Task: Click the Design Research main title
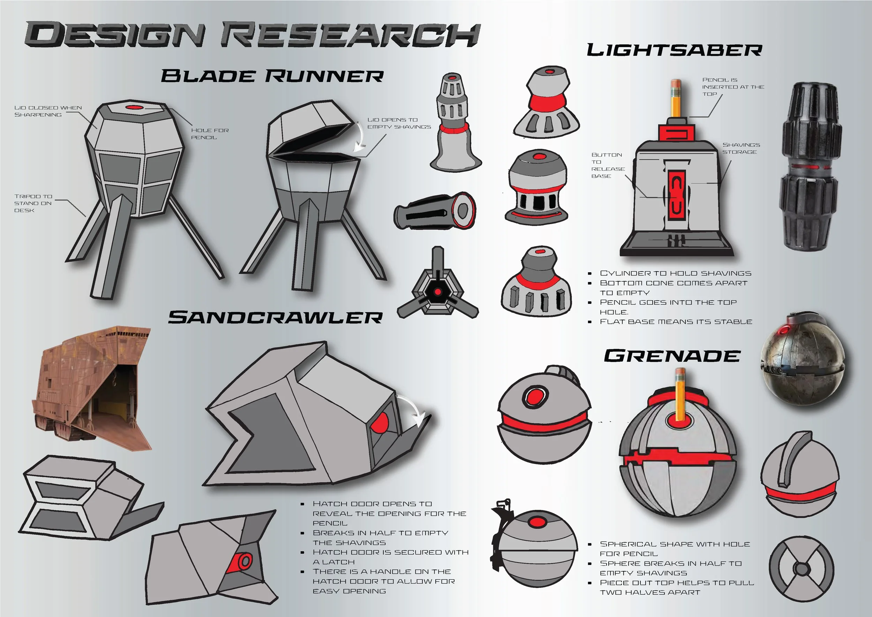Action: [x=253, y=35]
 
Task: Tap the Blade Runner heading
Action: [x=272, y=76]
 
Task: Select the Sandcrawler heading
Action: [x=275, y=318]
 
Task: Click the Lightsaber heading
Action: [x=675, y=50]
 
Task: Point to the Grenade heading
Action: [x=672, y=356]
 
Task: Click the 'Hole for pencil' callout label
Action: [x=210, y=134]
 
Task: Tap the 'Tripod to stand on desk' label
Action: [x=33, y=203]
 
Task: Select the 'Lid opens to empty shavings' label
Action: [x=399, y=123]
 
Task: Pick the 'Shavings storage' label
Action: [x=741, y=148]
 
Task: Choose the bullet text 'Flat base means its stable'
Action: [x=676, y=322]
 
